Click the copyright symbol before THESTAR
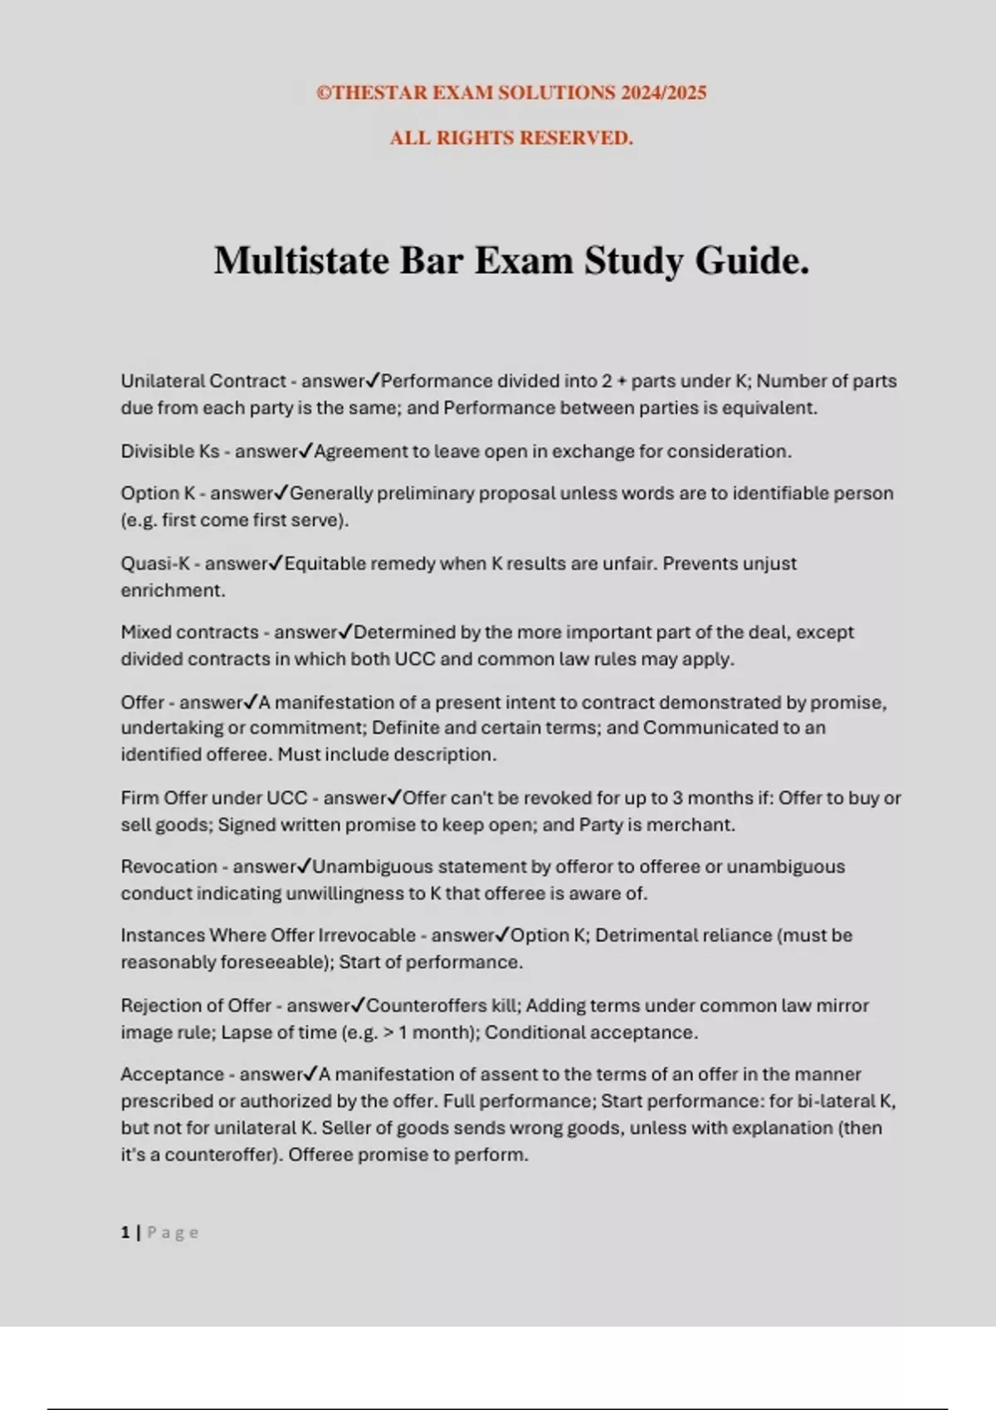(x=324, y=93)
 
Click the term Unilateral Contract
(x=203, y=381)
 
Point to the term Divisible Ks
(x=170, y=451)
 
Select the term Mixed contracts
(x=189, y=632)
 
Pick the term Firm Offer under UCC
(x=213, y=798)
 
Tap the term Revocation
(x=168, y=867)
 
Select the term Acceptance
(x=172, y=1074)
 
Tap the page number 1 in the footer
(x=125, y=1233)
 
